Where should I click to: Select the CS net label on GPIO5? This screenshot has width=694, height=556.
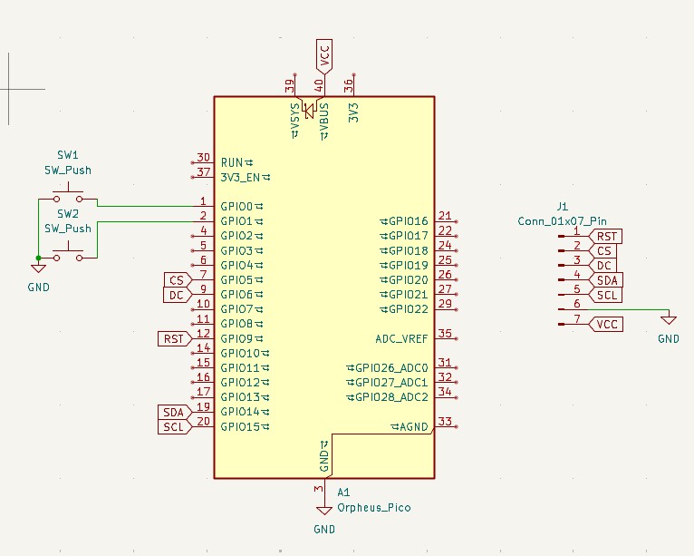pos(177,279)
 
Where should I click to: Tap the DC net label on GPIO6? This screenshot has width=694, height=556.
pos(177,294)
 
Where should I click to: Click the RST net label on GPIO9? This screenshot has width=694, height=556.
pos(173,338)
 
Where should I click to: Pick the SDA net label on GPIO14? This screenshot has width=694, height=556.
pos(173,412)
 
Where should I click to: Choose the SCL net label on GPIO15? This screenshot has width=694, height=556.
pos(173,426)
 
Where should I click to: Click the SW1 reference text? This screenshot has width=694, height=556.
pos(68,155)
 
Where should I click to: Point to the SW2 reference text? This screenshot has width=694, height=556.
pos(68,214)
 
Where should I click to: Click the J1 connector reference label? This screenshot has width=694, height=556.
pos(563,207)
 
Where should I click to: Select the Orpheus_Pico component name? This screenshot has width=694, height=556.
pos(373,507)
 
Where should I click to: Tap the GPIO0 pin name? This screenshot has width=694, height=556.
pos(237,206)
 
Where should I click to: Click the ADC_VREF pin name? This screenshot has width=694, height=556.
pos(401,338)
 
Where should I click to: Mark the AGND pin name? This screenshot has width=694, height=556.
pos(413,426)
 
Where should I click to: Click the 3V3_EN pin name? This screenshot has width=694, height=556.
pos(242,176)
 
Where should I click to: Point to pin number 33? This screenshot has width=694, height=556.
pos(445,421)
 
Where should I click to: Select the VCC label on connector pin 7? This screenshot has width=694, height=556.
pos(606,324)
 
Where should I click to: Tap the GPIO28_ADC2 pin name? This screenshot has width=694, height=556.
pos(391,397)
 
